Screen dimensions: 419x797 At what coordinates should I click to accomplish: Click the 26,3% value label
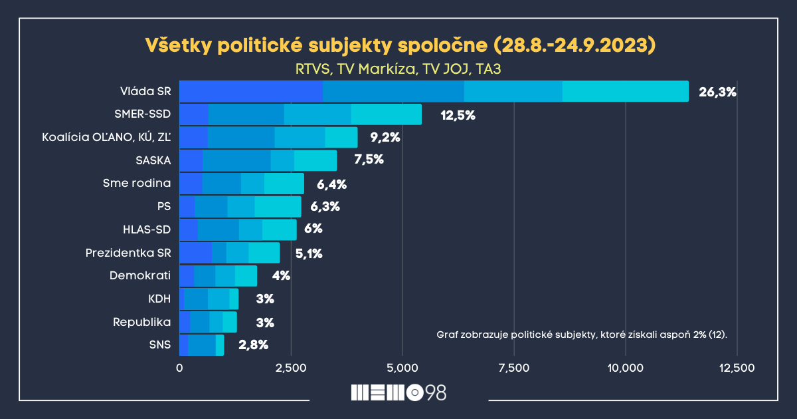tap(717, 92)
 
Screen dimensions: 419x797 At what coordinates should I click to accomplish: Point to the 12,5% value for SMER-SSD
tap(458, 115)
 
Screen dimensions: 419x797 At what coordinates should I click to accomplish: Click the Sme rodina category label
tap(137, 184)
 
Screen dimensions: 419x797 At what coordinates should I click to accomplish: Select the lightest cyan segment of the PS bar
tap(278, 207)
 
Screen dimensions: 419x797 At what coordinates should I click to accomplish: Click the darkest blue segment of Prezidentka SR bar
tap(196, 253)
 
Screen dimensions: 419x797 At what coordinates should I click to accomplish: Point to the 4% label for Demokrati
tap(281, 276)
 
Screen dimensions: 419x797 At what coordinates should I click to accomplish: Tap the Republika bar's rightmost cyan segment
tap(230, 322)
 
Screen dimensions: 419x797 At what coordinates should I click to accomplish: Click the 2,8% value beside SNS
tap(256, 345)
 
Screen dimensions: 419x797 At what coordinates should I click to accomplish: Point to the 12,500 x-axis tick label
tap(737, 368)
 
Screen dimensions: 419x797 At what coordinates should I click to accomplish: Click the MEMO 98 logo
tap(398, 392)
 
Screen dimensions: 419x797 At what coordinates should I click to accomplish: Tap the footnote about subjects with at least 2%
tap(582, 333)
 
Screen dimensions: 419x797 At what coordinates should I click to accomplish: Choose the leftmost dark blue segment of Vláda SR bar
tap(251, 91)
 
